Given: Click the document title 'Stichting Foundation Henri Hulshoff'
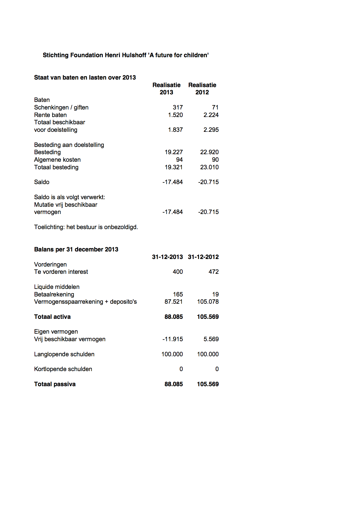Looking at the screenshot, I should tap(126, 55).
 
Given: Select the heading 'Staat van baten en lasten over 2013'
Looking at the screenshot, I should tap(85, 78).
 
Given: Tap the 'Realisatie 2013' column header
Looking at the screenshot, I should tap(166, 89).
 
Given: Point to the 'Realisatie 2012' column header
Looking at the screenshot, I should tap(202, 89).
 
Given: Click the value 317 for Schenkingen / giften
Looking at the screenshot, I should tap(178, 107).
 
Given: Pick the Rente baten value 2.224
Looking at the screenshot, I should tap(211, 115).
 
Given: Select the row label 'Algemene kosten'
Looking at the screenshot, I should tap(57, 160).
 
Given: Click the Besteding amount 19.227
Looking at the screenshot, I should tap(174, 152).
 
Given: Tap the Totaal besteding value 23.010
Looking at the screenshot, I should tap(209, 167).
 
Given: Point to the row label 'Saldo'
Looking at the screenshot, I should tap(42, 182).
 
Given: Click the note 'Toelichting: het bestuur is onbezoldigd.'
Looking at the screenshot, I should tap(86, 227).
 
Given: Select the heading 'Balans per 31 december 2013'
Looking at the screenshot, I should tap(76, 249).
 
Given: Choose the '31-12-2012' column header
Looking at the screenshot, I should tap(203, 257).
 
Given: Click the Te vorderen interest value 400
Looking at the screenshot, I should tap(178, 272).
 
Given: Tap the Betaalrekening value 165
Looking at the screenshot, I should tap(178, 294).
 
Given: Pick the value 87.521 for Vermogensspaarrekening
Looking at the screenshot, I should tap(173, 302).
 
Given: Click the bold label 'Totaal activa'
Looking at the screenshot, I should tap(52, 317).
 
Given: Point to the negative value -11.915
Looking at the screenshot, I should tap(172, 339).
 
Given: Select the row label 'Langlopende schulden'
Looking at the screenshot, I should tap(64, 354).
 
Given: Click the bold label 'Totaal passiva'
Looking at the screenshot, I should tap(55, 384).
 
